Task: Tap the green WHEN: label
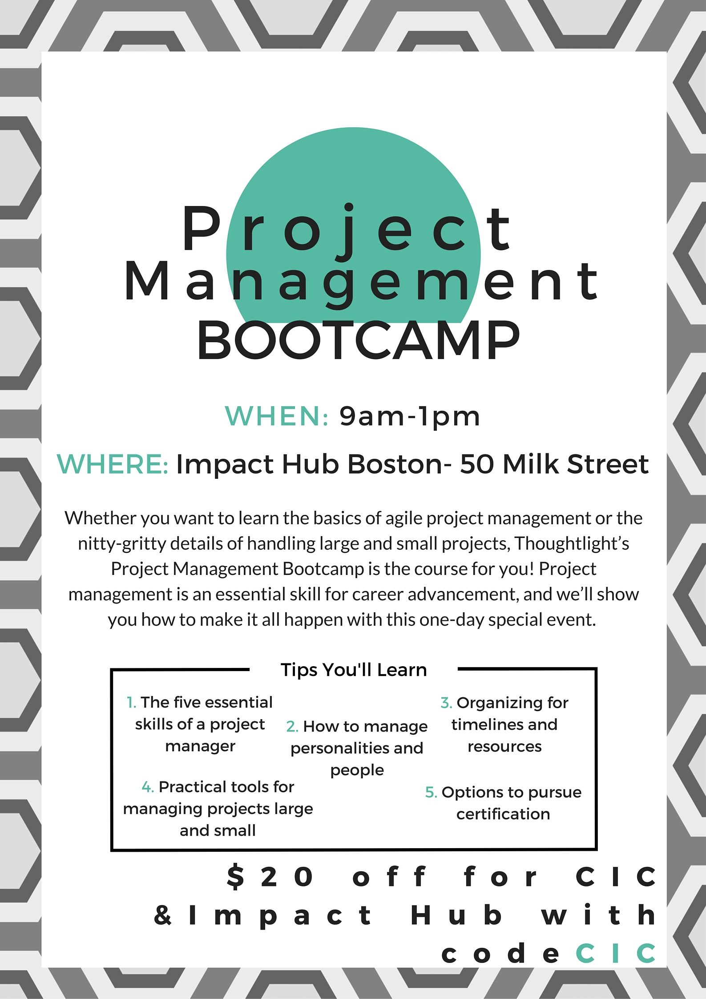tap(276, 417)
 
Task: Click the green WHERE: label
tap(113, 464)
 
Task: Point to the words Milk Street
tap(576, 464)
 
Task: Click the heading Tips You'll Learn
tap(354, 670)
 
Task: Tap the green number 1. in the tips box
tap(131, 703)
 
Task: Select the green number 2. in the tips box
tap(292, 727)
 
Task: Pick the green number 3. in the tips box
tap(446, 703)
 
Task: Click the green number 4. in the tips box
tap(148, 787)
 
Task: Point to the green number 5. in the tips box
tap(431, 793)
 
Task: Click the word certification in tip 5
tap(503, 814)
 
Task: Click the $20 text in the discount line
tap(270, 877)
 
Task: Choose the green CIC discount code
tap(615, 953)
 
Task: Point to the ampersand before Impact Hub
tap(163, 915)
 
